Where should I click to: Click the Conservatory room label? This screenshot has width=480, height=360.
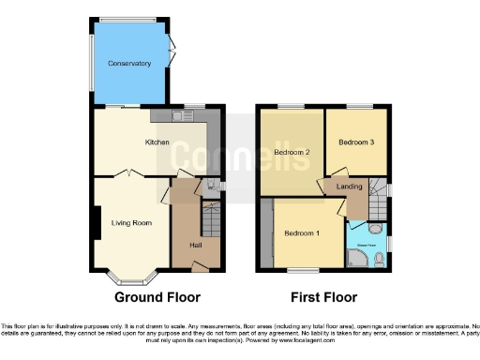pyautogui.click(x=129, y=64)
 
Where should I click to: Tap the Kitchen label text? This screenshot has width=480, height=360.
pyautogui.click(x=157, y=142)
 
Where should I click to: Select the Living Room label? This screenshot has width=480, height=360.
pyautogui.click(x=131, y=222)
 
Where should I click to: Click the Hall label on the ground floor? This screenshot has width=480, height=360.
pyautogui.click(x=196, y=245)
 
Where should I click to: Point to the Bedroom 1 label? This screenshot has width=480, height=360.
pyautogui.click(x=302, y=232)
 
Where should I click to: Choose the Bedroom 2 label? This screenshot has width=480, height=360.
pyautogui.click(x=292, y=151)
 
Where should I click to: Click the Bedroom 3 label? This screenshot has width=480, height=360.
pyautogui.click(x=356, y=142)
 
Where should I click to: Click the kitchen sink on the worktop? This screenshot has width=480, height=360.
pyautogui.click(x=177, y=116)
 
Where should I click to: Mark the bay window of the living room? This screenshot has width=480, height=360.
pyautogui.click(x=131, y=277)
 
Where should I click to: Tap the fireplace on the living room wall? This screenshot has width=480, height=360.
pyautogui.click(x=97, y=222)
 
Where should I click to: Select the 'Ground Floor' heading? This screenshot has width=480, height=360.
pyautogui.click(x=157, y=297)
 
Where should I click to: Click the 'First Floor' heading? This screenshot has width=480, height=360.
pyautogui.click(x=324, y=297)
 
